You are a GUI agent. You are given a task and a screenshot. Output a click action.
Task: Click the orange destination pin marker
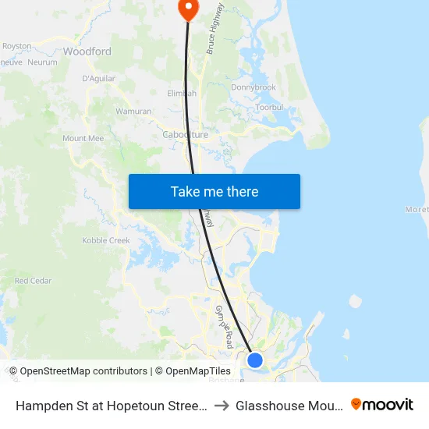[x=188, y=9]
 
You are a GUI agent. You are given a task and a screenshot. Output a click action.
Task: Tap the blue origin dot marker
[x=254, y=360]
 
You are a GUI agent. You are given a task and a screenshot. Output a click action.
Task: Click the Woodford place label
[x=87, y=51]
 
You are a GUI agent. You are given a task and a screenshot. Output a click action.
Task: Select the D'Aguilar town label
[x=98, y=78]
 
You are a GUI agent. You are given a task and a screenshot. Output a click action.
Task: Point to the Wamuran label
[x=133, y=112]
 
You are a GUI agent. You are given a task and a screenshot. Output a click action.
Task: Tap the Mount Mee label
[x=83, y=138]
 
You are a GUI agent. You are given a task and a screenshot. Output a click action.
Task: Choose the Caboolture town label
[x=185, y=135]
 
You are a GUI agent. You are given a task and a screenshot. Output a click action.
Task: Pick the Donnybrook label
[x=253, y=87]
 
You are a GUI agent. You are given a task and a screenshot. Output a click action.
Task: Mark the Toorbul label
[x=269, y=107]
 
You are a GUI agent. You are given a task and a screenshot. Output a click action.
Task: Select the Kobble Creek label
[x=106, y=240]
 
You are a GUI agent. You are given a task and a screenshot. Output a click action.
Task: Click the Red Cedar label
[x=33, y=281]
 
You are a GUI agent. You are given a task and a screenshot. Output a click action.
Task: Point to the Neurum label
[x=42, y=62]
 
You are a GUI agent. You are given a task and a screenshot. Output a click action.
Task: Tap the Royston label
[x=16, y=46]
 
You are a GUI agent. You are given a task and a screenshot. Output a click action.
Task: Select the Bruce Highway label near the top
[x=214, y=28]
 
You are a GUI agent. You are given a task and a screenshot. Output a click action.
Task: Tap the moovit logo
[x=382, y=405]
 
